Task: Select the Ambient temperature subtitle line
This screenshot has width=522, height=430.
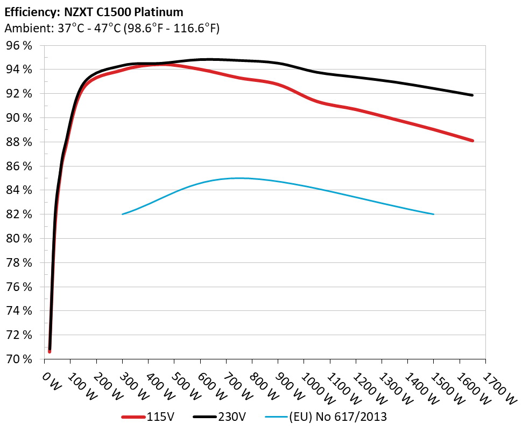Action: (111, 29)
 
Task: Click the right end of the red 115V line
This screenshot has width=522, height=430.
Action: (472, 141)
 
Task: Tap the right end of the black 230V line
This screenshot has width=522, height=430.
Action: (472, 95)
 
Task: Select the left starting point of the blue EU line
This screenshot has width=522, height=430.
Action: (123, 214)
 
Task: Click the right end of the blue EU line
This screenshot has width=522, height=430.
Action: (433, 214)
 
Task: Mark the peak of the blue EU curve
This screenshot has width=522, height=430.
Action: (239, 178)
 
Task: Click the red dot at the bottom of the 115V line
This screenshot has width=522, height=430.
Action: (50, 351)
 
